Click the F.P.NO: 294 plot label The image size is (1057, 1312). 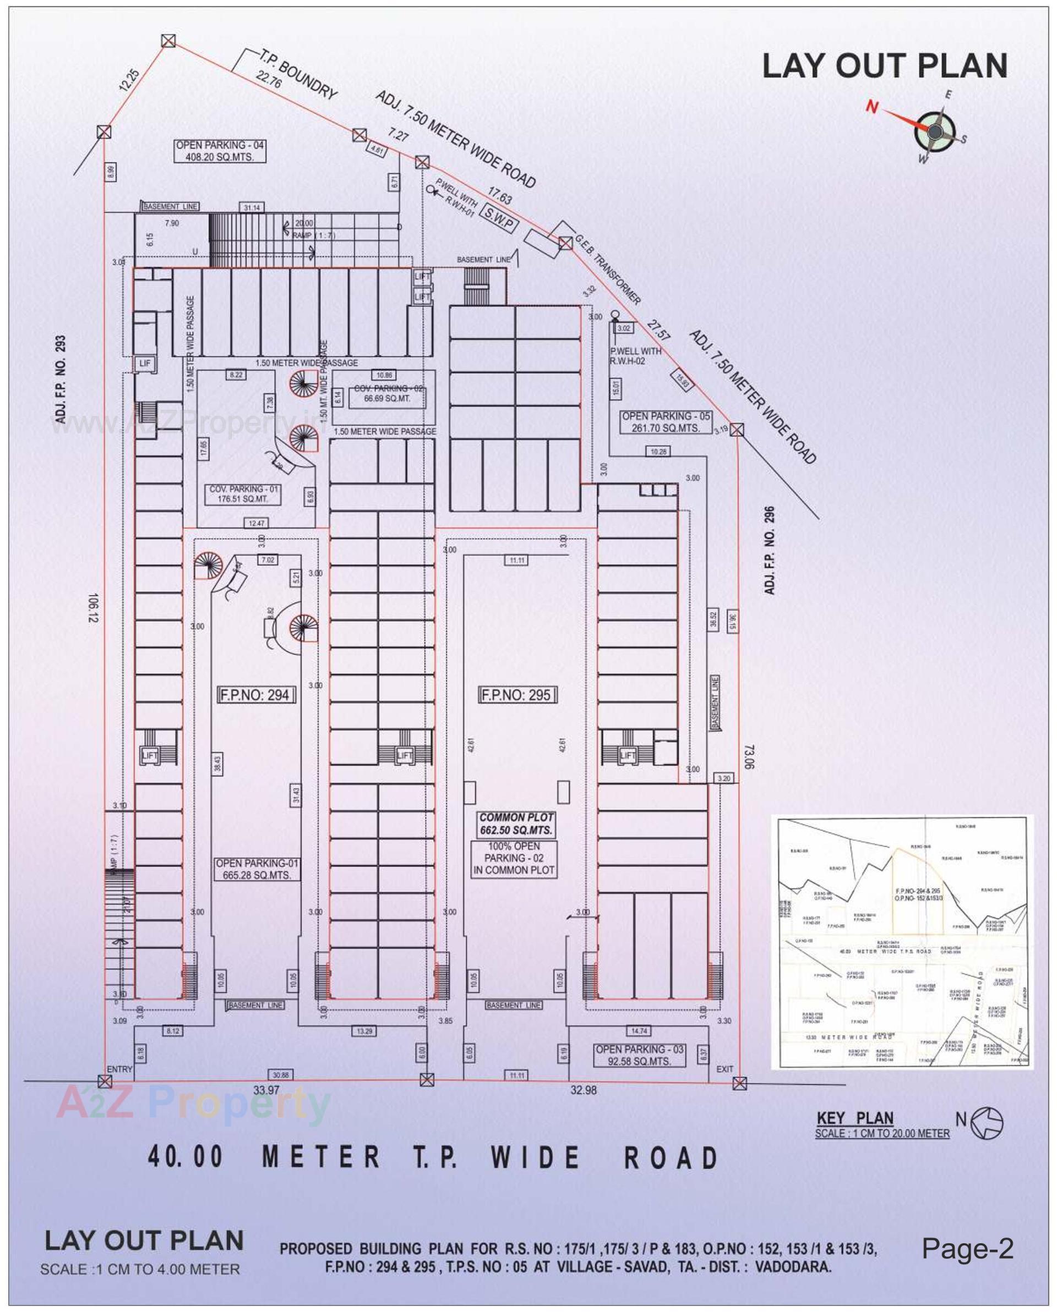[x=257, y=695]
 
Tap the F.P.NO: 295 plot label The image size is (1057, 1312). [x=517, y=695]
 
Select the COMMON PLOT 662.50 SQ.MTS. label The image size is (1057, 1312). [x=516, y=824]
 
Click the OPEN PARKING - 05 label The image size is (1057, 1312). [x=666, y=422]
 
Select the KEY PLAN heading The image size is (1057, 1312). [x=855, y=1118]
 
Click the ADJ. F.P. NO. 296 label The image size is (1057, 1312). [x=770, y=550]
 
